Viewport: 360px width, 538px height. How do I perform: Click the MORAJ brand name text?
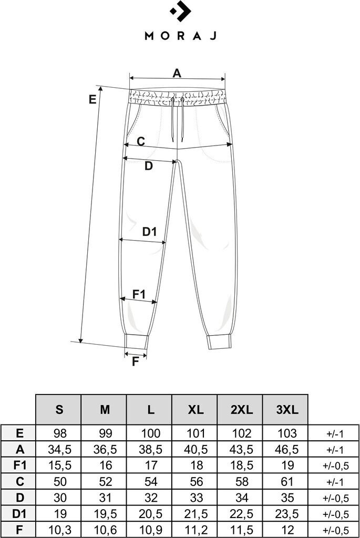(x=180, y=36)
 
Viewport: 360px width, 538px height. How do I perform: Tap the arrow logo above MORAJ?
(x=180, y=12)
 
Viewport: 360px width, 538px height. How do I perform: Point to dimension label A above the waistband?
(x=177, y=73)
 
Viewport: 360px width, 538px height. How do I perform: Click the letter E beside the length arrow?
(x=93, y=99)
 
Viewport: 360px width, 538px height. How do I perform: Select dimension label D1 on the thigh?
(x=150, y=231)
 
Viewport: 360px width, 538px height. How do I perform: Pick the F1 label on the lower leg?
(x=139, y=294)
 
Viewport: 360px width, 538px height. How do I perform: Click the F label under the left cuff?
(x=136, y=361)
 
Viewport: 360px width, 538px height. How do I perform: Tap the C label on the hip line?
(x=141, y=141)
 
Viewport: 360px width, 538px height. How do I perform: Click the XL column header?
(x=195, y=410)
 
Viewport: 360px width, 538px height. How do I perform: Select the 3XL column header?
(x=286, y=410)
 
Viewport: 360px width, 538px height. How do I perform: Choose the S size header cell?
(x=58, y=410)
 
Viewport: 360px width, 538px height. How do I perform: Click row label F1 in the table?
(x=18, y=465)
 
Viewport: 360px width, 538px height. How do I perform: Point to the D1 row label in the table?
(x=18, y=513)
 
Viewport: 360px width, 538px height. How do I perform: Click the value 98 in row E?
(x=58, y=433)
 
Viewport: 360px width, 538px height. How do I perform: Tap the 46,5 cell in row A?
(x=286, y=449)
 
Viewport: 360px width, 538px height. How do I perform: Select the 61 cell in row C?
(x=286, y=481)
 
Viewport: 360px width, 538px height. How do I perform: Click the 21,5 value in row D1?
(x=195, y=513)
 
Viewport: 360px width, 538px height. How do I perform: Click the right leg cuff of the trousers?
(x=219, y=342)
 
